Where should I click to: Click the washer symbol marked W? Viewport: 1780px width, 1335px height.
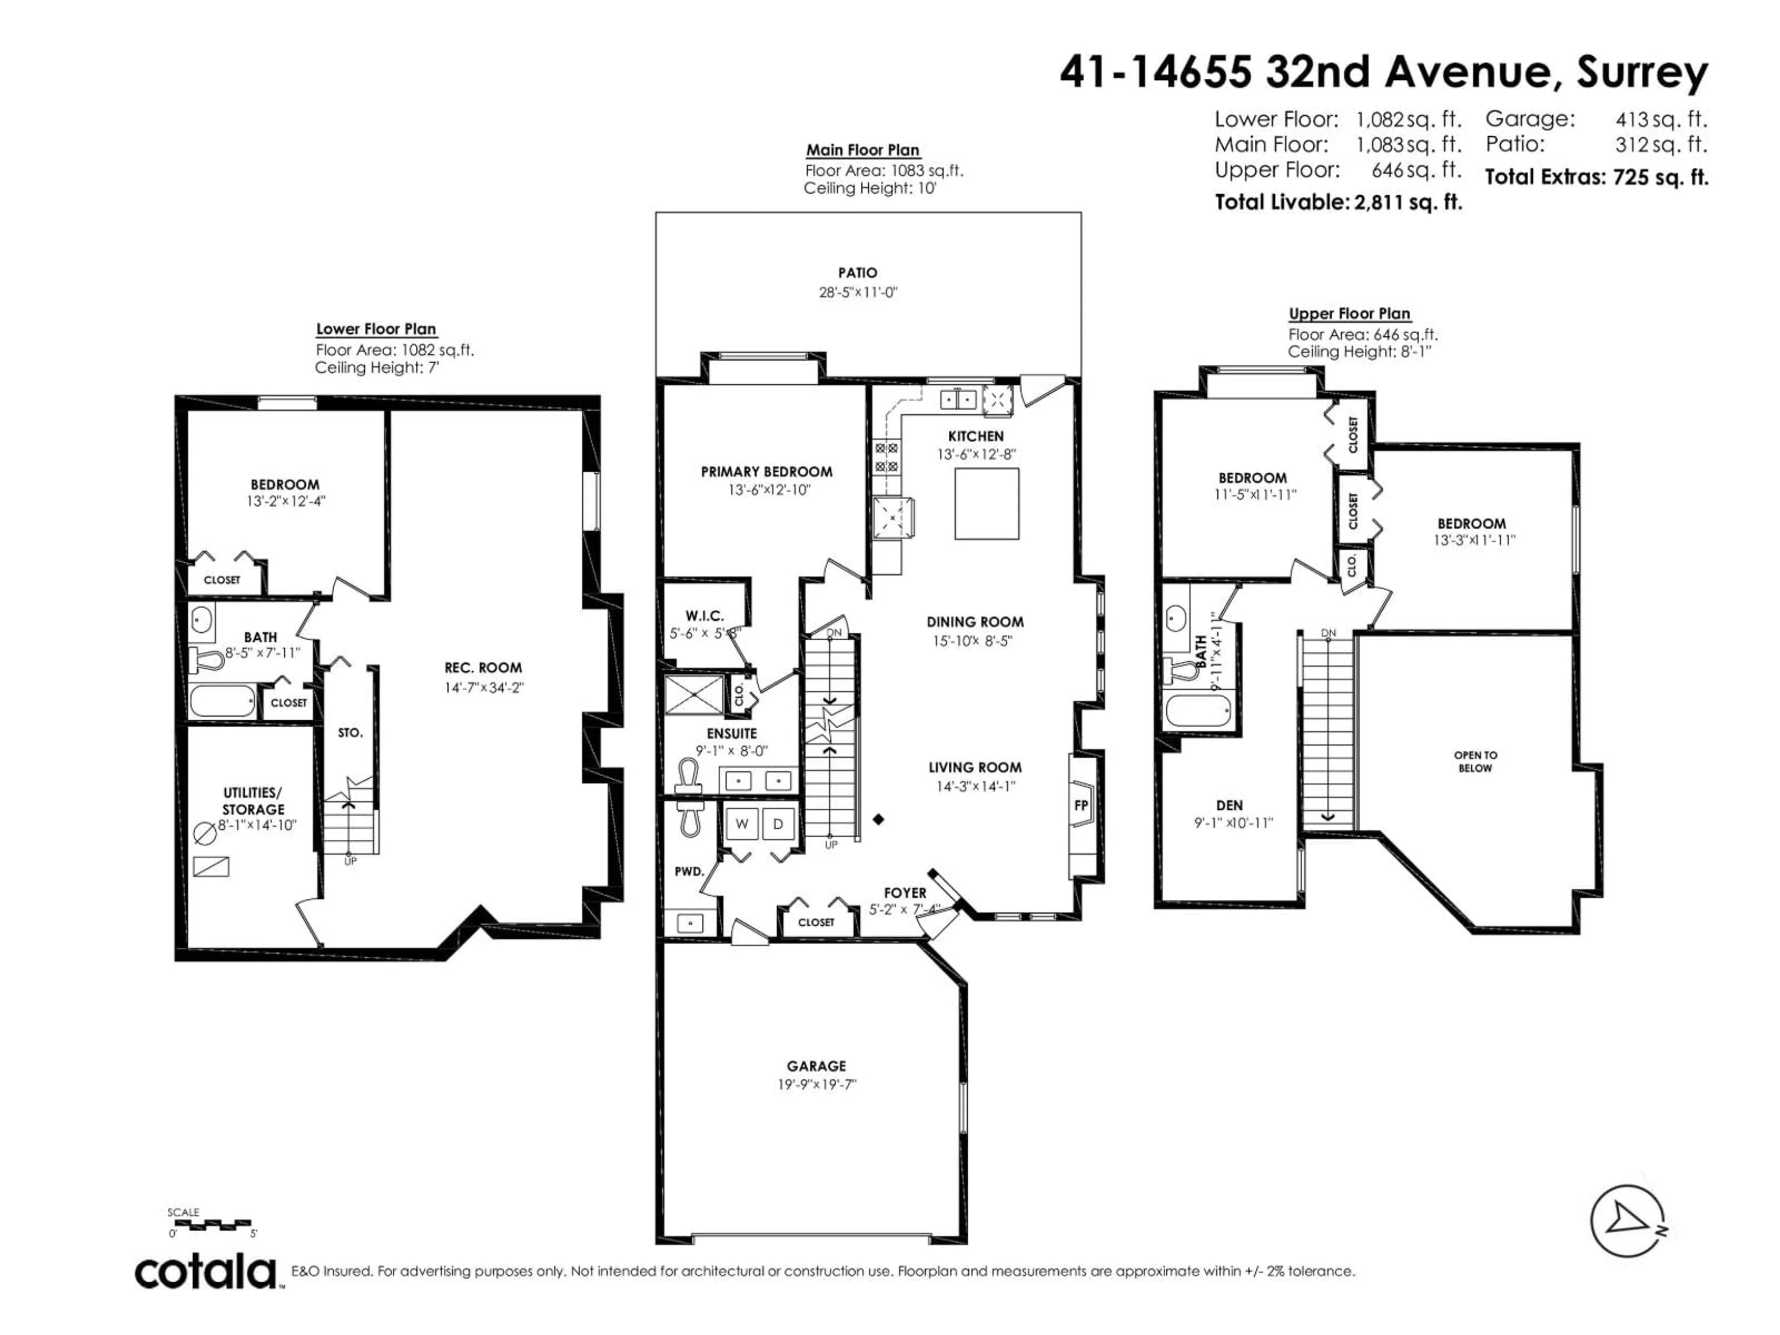(742, 823)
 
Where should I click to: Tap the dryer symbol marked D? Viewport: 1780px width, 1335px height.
(777, 823)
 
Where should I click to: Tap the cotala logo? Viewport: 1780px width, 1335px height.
(205, 1272)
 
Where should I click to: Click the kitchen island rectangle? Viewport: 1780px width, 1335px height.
(986, 504)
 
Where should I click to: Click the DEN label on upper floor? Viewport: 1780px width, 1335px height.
(1229, 805)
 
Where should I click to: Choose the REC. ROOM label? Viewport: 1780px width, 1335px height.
(483, 667)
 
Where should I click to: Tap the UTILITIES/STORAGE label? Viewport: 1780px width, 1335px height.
(254, 801)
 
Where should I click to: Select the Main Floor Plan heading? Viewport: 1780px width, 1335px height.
(863, 150)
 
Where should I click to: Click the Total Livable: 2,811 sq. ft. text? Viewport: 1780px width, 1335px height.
(1337, 202)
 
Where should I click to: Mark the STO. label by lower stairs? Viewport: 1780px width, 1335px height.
(350, 732)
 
